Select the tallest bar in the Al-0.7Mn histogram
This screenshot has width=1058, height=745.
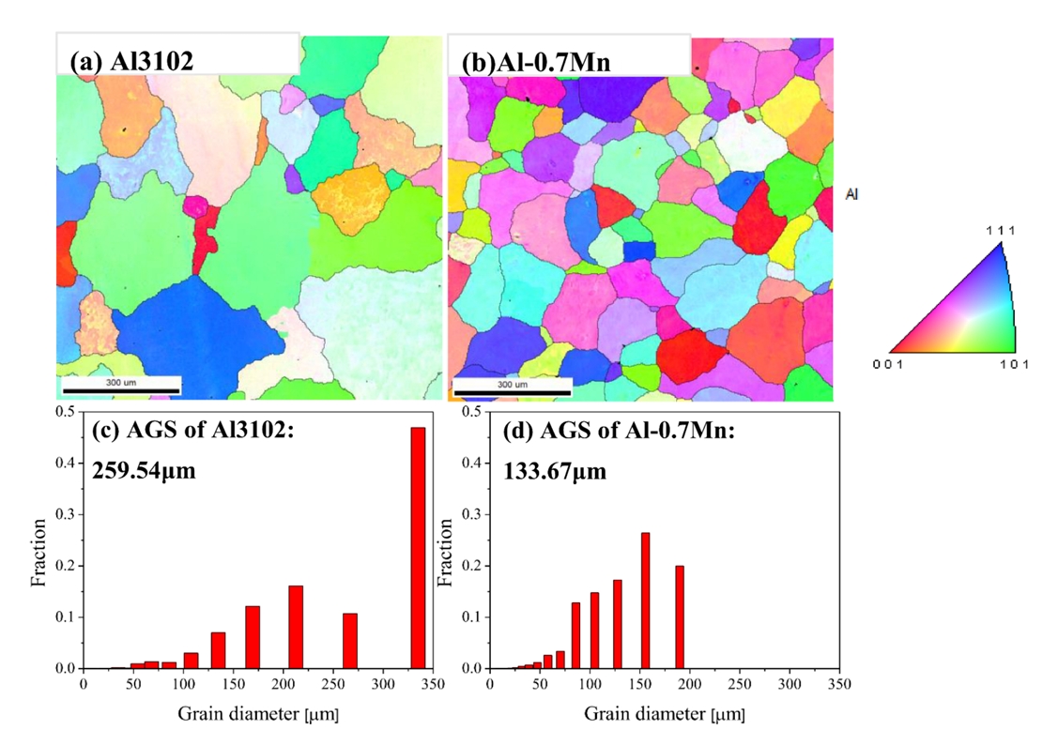(645, 601)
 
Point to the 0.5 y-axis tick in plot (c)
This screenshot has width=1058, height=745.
(66, 412)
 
